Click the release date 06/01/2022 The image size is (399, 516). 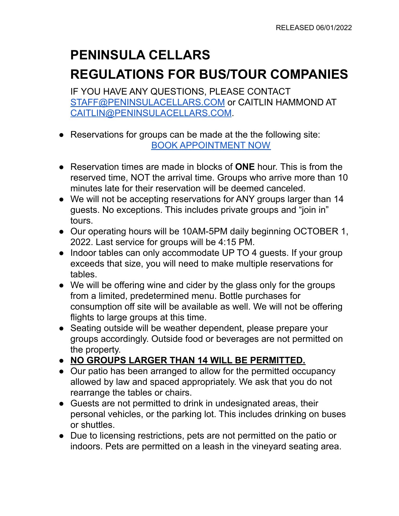(334, 28)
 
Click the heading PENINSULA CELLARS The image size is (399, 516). (140, 55)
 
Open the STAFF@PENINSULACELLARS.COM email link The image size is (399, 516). (148, 102)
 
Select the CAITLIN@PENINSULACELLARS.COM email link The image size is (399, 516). (151, 113)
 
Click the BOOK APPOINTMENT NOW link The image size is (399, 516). (211, 145)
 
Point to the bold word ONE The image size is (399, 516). (245, 167)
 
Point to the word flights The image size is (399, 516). (82, 317)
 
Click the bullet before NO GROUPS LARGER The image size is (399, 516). (62, 361)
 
